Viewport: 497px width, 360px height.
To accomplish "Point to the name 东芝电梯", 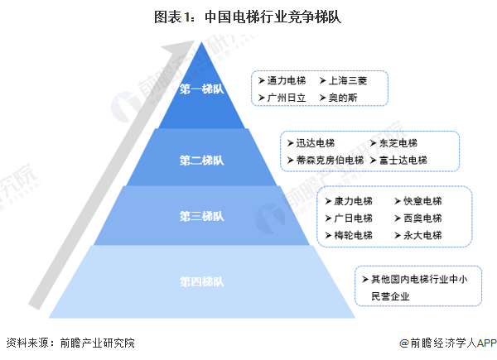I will click(398, 143).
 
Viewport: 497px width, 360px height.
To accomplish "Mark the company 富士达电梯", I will click(403, 160).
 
